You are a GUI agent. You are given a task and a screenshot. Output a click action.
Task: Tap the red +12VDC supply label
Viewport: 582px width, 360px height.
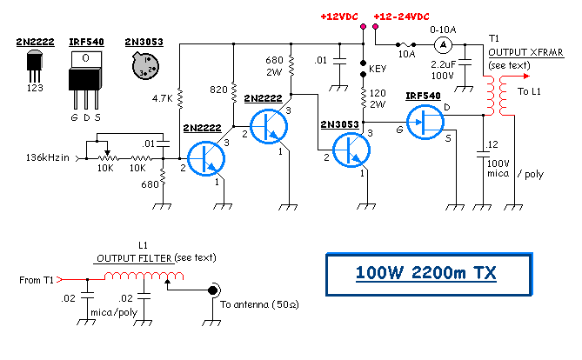[339, 17]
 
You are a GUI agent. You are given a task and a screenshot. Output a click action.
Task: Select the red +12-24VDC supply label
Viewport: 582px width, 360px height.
[399, 17]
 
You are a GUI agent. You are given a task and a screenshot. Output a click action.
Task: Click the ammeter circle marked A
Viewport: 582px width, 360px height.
[442, 44]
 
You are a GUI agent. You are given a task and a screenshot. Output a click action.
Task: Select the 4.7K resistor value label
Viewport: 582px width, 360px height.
[161, 99]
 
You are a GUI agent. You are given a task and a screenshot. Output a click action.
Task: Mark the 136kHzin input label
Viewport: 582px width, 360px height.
[52, 157]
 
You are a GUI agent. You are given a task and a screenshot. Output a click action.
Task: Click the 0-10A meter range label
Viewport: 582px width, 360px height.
[442, 28]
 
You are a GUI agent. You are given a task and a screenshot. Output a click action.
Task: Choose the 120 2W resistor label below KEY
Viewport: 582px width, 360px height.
[378, 97]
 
